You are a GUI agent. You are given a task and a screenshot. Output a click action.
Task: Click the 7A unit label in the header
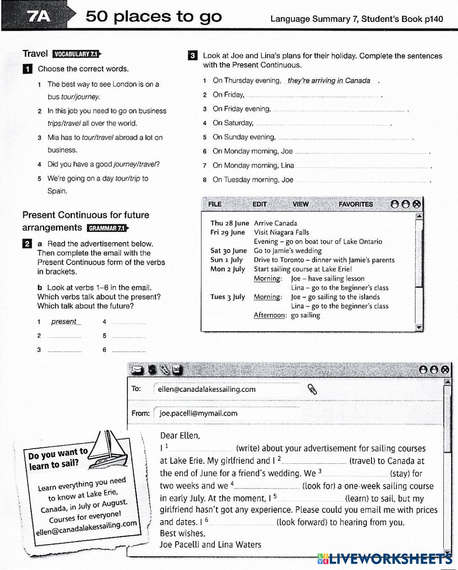[39, 17]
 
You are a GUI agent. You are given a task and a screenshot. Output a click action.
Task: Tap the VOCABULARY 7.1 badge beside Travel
[76, 54]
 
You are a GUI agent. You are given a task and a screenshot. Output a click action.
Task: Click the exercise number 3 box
[193, 56]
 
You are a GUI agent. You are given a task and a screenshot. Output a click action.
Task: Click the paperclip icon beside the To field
[313, 389]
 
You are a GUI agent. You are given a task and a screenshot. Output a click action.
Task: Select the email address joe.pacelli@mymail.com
[198, 413]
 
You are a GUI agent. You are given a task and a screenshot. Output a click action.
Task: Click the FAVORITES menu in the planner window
[355, 204]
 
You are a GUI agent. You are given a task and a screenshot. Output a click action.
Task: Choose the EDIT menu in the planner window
[259, 204]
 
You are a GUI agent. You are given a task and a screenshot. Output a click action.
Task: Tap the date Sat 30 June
[228, 251]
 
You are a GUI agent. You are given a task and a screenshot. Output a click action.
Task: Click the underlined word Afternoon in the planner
[270, 315]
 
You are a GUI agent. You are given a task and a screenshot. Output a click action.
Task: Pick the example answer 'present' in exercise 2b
[64, 322]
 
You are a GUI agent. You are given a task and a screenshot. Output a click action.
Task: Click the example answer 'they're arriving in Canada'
[329, 81]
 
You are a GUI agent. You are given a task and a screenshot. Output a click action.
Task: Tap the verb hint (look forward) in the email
[301, 522]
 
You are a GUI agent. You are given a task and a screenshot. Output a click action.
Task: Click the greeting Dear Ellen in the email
[180, 435]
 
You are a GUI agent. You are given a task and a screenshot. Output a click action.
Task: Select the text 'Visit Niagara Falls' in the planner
[281, 233]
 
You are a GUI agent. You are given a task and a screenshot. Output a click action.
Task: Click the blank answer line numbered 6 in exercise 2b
[129, 350]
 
